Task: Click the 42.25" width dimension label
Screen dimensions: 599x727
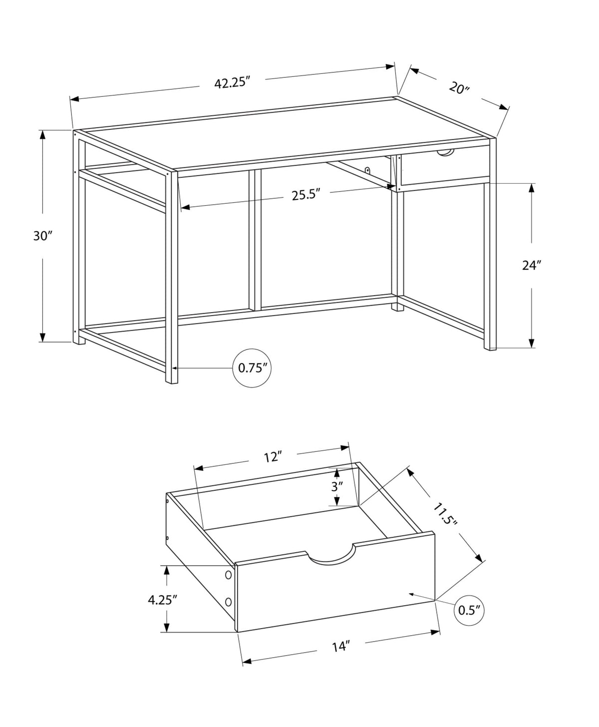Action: (x=232, y=83)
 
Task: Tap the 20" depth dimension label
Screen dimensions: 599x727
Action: (x=459, y=88)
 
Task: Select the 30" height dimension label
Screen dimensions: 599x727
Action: (x=42, y=236)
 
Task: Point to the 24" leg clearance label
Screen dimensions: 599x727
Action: (x=532, y=265)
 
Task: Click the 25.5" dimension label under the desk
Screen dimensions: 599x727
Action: (x=305, y=194)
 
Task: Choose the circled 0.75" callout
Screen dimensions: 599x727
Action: (x=252, y=368)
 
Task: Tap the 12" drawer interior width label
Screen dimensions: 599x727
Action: (x=272, y=457)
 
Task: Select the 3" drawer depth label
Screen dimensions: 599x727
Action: (x=337, y=486)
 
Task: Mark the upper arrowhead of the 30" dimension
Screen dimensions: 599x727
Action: (x=42, y=135)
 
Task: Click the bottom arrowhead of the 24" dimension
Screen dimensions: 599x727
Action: (x=532, y=343)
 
